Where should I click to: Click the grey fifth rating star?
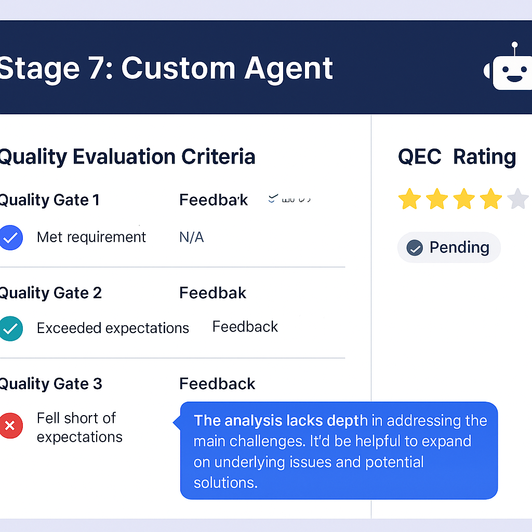(517, 199)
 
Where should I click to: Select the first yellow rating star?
(409, 199)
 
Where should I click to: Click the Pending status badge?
(449, 247)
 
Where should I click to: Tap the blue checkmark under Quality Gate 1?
(11, 238)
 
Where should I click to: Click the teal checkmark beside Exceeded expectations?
(11, 328)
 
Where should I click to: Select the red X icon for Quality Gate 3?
(11, 426)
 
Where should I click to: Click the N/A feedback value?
(191, 237)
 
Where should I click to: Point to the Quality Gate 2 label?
(50, 293)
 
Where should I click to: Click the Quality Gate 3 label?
(50, 384)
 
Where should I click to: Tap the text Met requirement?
(91, 237)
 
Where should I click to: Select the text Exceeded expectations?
(113, 328)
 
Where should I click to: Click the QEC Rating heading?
(457, 156)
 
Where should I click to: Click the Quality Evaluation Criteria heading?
(127, 156)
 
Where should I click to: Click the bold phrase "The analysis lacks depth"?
(281, 420)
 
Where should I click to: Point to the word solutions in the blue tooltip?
(225, 483)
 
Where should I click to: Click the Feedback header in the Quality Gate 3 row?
(217, 384)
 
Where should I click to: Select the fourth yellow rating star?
(490, 199)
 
